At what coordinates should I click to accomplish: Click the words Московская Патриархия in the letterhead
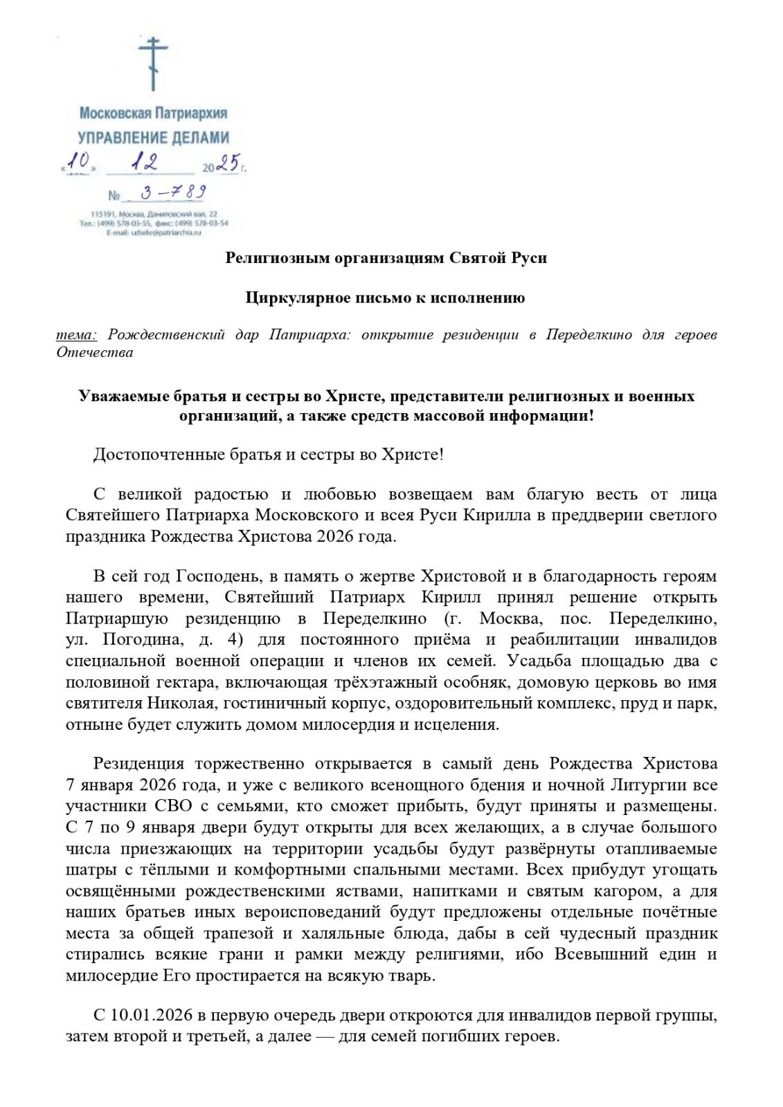(154, 113)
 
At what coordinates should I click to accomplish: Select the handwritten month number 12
(144, 162)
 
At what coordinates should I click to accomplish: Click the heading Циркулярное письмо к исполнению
(386, 298)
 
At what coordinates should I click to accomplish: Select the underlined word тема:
(77, 335)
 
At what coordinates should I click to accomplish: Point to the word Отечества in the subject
(95, 353)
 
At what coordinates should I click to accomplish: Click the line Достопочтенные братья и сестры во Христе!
(269, 455)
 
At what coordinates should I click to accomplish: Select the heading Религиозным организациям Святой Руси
(386, 258)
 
